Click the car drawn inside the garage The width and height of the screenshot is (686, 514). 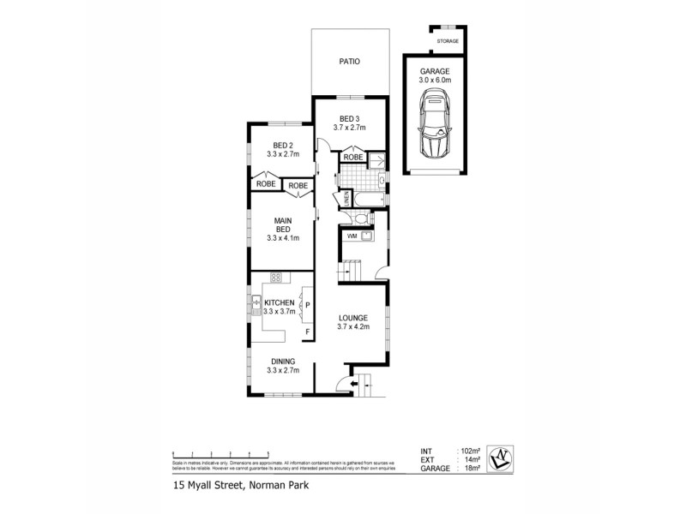coord(435,128)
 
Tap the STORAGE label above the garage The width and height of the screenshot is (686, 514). coord(448,41)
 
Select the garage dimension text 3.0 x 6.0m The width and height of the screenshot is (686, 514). coord(435,81)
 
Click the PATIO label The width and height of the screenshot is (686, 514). coord(348,62)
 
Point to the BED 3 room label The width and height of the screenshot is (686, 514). coord(348,118)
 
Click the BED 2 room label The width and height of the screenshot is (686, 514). coord(283,145)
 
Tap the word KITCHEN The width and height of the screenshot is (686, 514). coord(280,303)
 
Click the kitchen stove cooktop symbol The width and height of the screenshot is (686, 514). coord(276,277)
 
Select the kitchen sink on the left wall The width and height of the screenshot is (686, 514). coord(256,302)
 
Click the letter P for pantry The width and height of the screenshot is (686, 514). coord(307,304)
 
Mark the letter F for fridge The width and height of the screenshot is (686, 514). coord(307,331)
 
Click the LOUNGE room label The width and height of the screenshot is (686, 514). coord(352,317)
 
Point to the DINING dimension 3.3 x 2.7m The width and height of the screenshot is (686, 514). coord(283,371)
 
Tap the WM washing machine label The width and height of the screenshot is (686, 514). coord(352,236)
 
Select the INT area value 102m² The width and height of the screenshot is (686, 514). coord(468,451)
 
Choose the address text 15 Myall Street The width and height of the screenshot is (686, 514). coord(206,486)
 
